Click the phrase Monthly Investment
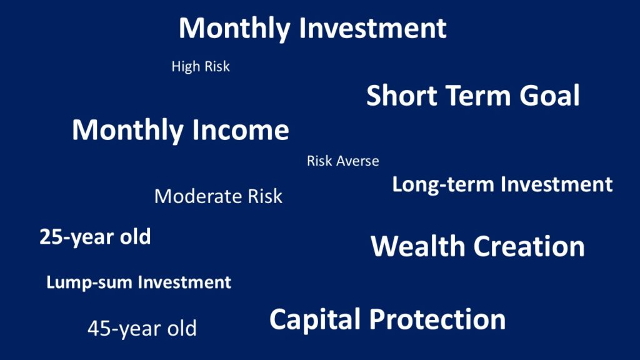(x=312, y=29)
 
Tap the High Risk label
(x=201, y=66)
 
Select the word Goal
(x=549, y=95)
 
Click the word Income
(x=241, y=130)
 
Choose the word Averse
(x=357, y=161)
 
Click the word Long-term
(x=443, y=184)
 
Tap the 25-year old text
(x=95, y=237)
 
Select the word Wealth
(x=417, y=246)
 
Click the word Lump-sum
(x=89, y=282)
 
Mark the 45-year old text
(x=142, y=329)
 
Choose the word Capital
(x=315, y=319)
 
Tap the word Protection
(x=437, y=319)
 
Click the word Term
(x=479, y=95)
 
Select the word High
(x=186, y=66)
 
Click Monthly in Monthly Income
(x=127, y=130)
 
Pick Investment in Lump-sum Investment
(x=184, y=282)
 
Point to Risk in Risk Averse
(x=319, y=161)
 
